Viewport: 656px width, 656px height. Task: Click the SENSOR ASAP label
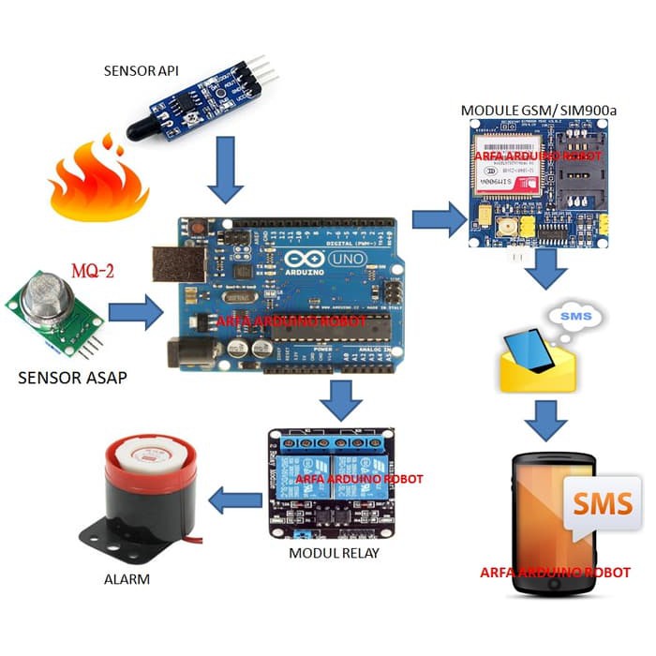(71, 378)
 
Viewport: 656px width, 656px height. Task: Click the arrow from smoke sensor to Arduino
(135, 314)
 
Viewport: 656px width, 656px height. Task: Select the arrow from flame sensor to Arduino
(226, 169)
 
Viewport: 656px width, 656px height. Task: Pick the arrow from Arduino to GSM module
(440, 223)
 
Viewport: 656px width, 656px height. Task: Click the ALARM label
(126, 579)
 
